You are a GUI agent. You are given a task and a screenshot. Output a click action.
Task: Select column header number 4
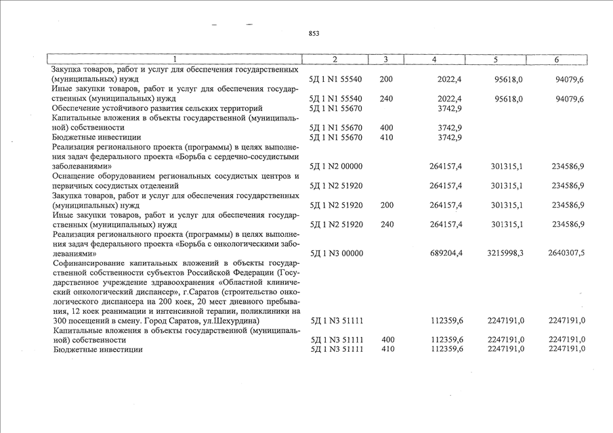(434, 60)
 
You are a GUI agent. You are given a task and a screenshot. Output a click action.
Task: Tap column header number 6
(556, 60)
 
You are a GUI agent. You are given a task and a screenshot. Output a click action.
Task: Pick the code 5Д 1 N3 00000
(336, 254)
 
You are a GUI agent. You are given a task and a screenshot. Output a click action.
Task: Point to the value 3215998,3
(505, 254)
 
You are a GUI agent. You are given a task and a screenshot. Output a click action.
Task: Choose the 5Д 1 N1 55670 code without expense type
(336, 108)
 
